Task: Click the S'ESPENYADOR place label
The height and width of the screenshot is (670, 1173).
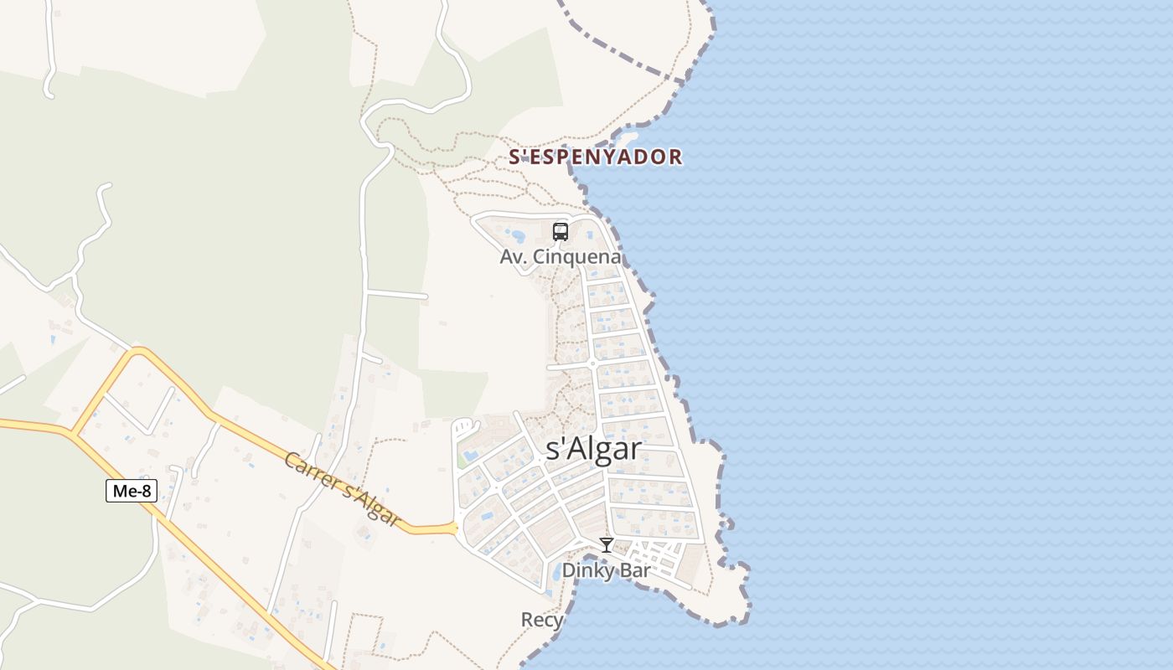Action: (596, 157)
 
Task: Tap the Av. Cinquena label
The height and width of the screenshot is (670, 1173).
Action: (561, 257)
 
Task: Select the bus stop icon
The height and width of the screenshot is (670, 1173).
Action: (561, 232)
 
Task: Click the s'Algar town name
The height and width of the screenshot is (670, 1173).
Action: (593, 449)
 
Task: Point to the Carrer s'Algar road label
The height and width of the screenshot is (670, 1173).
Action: (342, 491)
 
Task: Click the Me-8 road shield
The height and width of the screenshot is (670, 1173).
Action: (132, 492)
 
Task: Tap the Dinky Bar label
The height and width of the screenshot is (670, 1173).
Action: (606, 570)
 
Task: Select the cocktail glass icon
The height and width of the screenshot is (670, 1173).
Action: (607, 545)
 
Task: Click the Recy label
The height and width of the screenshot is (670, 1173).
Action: (541, 620)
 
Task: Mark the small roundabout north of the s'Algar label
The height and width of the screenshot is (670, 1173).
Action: (592, 363)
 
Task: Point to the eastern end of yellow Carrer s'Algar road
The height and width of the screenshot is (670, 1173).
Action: (453, 528)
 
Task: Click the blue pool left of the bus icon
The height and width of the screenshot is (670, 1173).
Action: (519, 236)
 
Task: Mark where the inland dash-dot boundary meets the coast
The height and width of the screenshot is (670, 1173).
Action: (687, 81)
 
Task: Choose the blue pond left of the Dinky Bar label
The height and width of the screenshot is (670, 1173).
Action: (555, 575)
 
